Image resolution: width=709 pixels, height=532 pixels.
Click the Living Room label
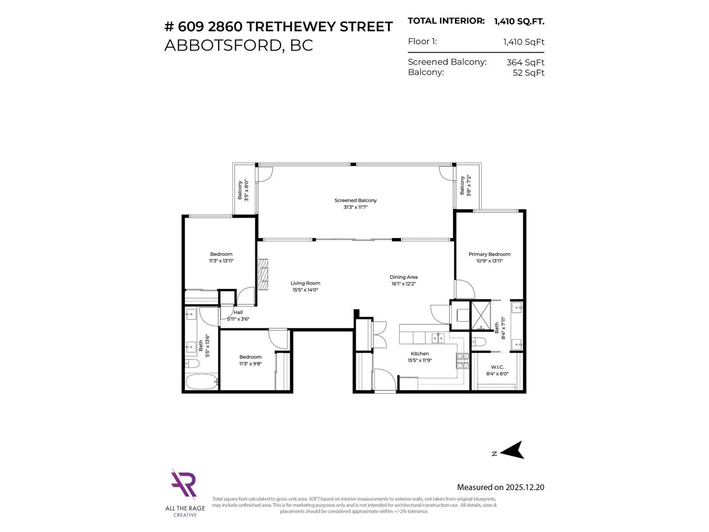tap(305, 283)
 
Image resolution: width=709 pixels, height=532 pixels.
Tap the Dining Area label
tap(403, 277)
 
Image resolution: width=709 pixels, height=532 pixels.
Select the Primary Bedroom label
tap(489, 254)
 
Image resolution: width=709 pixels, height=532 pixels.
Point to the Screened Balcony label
tap(355, 200)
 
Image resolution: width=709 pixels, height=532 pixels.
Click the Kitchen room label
tap(420, 354)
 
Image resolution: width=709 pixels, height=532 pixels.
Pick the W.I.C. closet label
tap(497, 367)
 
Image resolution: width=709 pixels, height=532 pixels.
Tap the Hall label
tap(238, 312)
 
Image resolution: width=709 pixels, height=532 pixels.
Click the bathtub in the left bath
tap(202, 381)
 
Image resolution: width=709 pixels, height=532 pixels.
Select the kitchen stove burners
tap(463, 361)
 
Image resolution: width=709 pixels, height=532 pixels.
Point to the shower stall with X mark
tap(481, 315)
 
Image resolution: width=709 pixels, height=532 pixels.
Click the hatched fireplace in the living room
tap(263, 274)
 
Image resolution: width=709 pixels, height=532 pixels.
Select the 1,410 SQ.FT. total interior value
tap(519, 21)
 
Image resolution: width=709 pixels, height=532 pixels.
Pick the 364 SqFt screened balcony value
tap(525, 63)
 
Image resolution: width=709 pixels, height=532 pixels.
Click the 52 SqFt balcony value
tap(528, 73)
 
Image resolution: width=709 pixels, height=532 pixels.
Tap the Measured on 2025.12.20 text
tap(500, 487)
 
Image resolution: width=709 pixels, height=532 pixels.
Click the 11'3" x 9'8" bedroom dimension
tap(250, 364)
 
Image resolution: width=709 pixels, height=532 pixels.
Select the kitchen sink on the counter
tap(438, 338)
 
